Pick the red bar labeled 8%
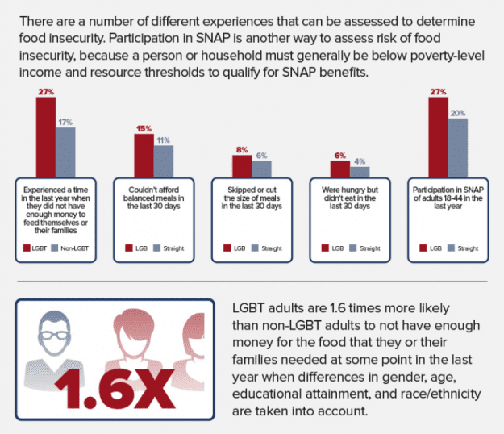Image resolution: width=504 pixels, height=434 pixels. click(242, 165)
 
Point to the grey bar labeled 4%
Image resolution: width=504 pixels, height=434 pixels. click(359, 171)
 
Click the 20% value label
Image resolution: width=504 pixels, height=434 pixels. click(457, 114)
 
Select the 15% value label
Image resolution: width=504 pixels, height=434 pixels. click(144, 128)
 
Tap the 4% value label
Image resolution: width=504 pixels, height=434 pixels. click(359, 161)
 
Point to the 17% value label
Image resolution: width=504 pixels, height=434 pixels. click(65, 121)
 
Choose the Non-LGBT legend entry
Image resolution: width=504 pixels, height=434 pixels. click(69, 248)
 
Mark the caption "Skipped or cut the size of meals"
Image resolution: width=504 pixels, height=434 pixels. click(252, 197)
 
